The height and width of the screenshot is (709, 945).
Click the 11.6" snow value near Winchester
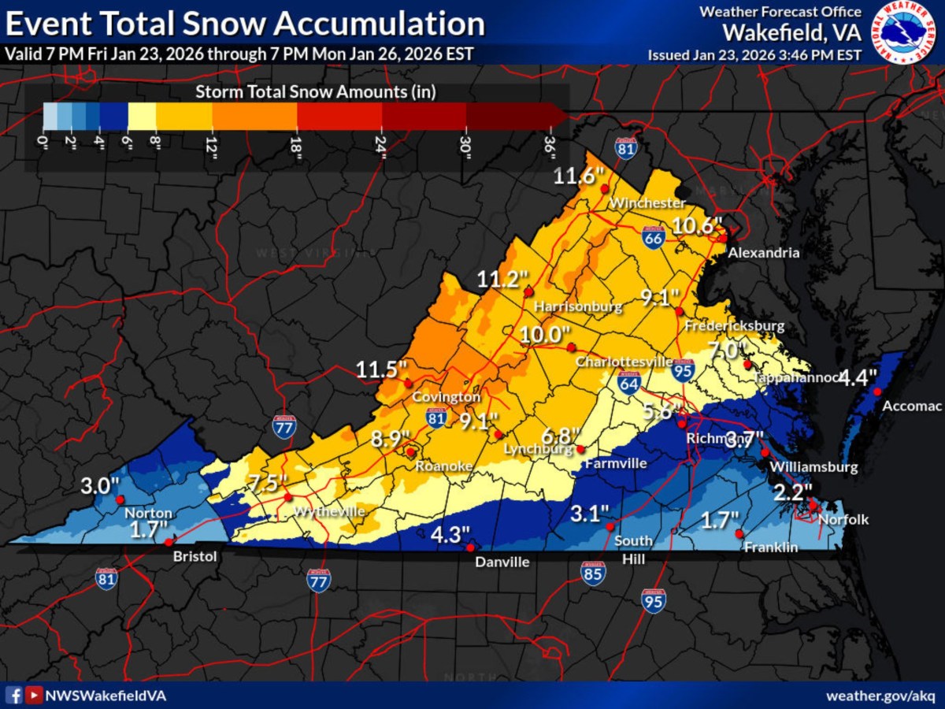pos(580,176)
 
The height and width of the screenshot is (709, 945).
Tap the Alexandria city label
pos(763,253)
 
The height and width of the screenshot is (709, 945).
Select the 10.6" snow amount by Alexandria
pos(697,226)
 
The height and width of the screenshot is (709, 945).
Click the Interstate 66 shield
pos(651,239)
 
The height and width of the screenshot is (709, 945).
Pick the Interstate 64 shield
pos(628,383)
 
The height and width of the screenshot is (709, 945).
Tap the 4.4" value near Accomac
pos(857,377)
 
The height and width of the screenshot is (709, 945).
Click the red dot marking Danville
pos(470,548)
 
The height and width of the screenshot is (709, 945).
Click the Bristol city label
pos(195,556)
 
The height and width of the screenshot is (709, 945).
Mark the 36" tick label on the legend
pos(550,147)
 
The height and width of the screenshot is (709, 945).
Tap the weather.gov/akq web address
pos(880,696)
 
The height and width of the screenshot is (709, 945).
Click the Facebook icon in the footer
pos(13,696)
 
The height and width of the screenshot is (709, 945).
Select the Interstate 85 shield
pos(593,574)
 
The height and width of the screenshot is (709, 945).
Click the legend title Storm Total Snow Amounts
pos(316,91)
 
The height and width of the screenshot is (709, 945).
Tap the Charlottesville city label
pos(623,362)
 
